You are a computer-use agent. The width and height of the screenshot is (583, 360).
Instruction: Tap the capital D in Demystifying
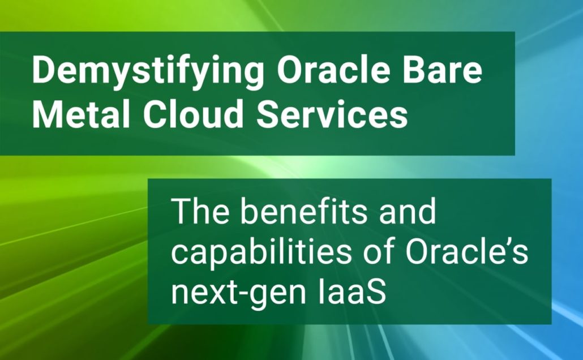point(44,70)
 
